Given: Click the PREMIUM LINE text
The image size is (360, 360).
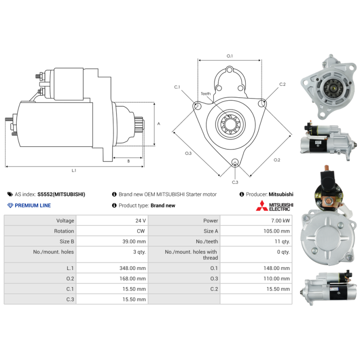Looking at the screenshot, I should point(33,206).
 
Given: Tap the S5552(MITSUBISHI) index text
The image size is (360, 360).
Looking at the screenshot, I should point(61,194).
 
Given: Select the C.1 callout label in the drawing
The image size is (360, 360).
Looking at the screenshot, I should point(177,87).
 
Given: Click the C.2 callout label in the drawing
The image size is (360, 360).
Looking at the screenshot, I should point(282,84).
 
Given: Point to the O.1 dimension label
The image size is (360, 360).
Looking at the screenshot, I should point(229,56).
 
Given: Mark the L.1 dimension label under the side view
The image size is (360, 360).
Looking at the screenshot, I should point(74,171).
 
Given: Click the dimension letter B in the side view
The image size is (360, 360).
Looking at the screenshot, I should point(128,161).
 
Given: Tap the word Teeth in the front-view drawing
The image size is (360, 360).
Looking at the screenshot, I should point(206,94).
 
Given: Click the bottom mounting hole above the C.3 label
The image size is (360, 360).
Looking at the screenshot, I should point(235,162).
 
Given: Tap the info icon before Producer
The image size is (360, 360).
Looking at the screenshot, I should point(242,194).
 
